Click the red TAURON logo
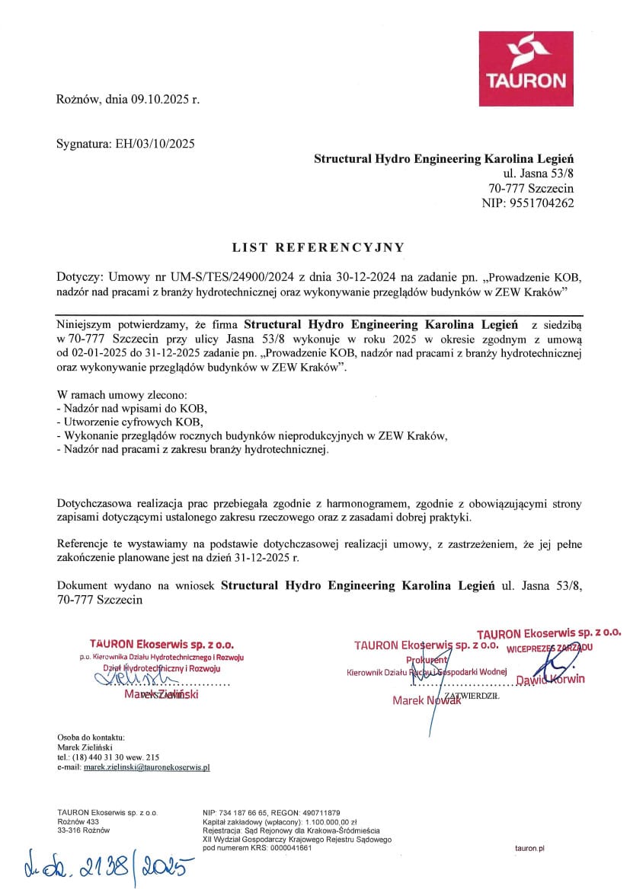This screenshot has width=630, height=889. [x=532, y=69]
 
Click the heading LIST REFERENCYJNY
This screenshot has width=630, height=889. [x=318, y=247]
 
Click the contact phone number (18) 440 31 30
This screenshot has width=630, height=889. [x=96, y=757]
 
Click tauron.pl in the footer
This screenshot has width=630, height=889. [x=529, y=847]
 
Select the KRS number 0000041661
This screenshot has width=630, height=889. [x=287, y=847]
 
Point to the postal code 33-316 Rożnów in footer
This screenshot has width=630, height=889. [x=78, y=830]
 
